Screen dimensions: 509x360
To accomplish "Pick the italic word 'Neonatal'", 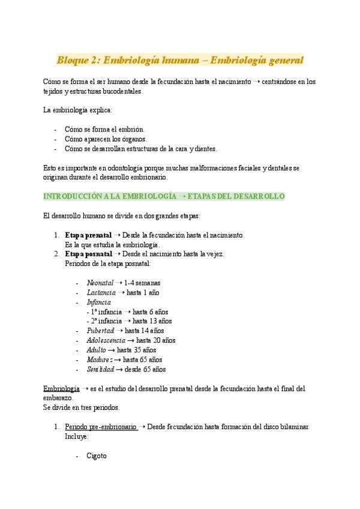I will click(x=99, y=283).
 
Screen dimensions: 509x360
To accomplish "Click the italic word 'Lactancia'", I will click(x=101, y=292).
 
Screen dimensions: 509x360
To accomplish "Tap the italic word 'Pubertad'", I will click(x=100, y=331).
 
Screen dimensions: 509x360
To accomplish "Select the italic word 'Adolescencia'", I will click(x=106, y=340).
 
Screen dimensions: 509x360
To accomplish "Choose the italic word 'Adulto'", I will click(x=96, y=350).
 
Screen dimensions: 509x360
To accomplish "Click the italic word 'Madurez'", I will click(x=99, y=360).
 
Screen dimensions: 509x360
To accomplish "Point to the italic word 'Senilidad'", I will click(x=100, y=369).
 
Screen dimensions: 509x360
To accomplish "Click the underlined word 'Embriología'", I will click(x=62, y=388).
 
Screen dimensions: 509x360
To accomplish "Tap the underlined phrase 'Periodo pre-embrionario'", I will click(x=101, y=427).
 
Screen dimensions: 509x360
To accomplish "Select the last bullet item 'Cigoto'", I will click(x=96, y=456).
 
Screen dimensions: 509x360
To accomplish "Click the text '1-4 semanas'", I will click(x=142, y=283).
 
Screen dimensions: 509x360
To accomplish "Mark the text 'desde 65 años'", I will click(x=146, y=369).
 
